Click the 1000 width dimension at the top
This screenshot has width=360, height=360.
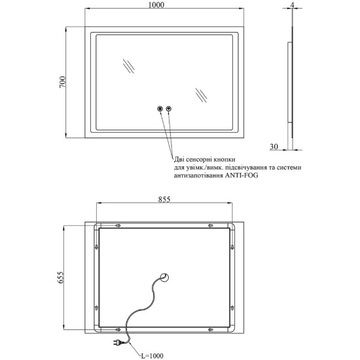[156, 5]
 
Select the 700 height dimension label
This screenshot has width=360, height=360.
[62, 82]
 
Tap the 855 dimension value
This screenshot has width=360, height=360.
[164, 199]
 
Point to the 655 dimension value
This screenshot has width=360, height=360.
[60, 278]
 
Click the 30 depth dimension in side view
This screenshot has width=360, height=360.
[274, 146]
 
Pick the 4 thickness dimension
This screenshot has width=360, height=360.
[293, 4]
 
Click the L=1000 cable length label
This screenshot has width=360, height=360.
[152, 356]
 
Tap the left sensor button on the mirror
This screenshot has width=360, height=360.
[160, 109]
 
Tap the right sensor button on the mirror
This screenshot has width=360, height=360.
[169, 109]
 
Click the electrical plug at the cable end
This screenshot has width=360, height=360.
[117, 343]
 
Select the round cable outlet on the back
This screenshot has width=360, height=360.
[164, 278]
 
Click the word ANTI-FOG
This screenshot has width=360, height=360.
[242, 175]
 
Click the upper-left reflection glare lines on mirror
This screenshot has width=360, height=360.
[128, 66]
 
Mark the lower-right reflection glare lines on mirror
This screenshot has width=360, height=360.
[201, 96]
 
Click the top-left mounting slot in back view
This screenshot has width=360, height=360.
[118, 226]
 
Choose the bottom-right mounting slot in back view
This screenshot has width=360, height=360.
[210, 330]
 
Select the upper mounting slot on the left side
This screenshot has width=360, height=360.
[97, 247]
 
